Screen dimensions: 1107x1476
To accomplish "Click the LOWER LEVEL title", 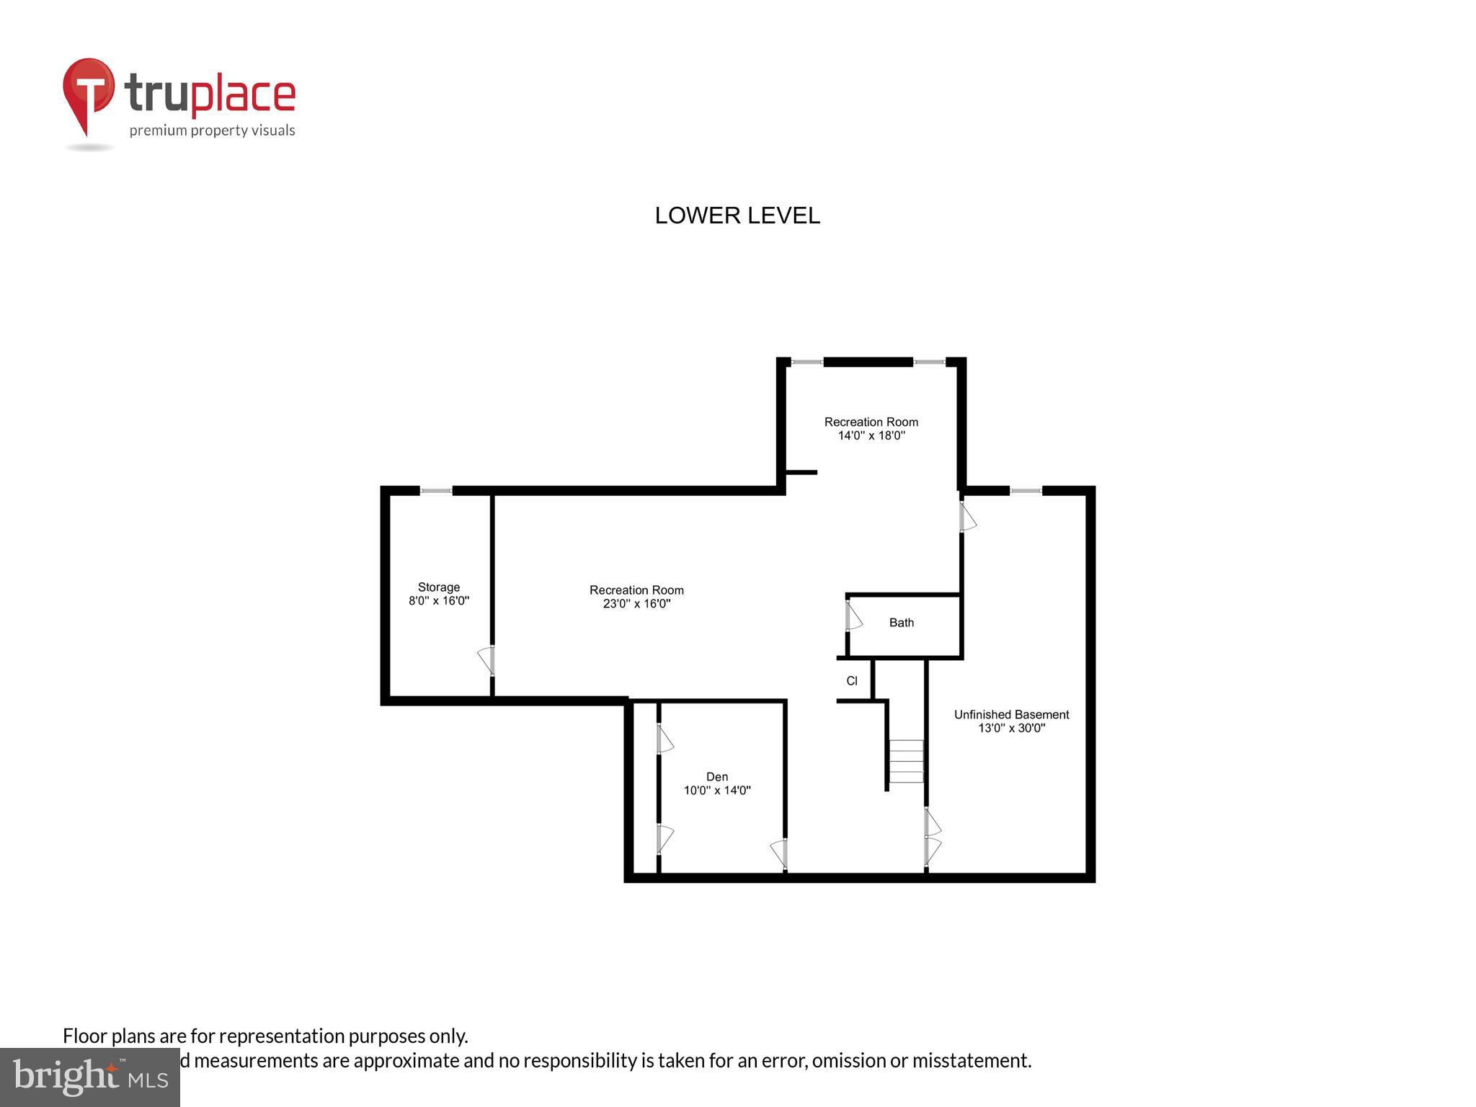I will [737, 215].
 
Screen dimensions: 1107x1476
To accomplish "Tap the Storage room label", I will [438, 587].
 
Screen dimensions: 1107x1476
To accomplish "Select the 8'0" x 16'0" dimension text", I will [438, 600].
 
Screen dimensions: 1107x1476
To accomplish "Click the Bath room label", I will [901, 623].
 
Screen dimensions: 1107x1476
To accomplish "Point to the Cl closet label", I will [852, 681].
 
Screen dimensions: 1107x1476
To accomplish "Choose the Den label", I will [716, 777].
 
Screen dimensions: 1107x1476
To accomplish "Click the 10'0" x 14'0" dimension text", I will [716, 791].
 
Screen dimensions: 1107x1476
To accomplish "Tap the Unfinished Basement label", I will [1011, 715].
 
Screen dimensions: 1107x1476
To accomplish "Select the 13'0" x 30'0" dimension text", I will [1011, 729].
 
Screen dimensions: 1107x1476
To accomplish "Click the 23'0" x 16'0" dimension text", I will [636, 604].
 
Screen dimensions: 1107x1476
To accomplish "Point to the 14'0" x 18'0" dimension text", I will [871, 436].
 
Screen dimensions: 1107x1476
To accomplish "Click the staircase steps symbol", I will [906, 761].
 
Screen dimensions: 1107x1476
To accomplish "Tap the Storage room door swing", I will [486, 661].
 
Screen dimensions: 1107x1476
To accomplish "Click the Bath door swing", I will [853, 617].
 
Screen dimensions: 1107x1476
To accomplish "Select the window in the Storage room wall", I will [436, 492].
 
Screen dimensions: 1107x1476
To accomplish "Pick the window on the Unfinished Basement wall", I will [1026, 492].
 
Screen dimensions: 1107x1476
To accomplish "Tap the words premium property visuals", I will [212, 130].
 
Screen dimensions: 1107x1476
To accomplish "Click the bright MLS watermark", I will [90, 1077].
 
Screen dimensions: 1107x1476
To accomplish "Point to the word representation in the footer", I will [282, 1036].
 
